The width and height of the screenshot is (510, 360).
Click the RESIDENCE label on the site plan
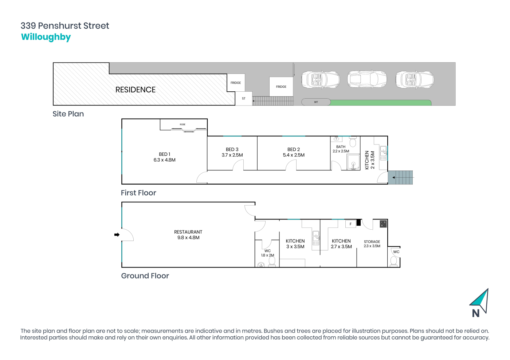[x=135, y=90]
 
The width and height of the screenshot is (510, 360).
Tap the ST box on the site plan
[x=244, y=99]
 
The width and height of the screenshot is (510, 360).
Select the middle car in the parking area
[x=366, y=79]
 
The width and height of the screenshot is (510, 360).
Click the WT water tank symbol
[x=316, y=102]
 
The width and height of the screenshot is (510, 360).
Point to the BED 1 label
[x=164, y=154]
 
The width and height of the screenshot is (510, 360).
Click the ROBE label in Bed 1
[x=183, y=124]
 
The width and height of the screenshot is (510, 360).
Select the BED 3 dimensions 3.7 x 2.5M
[x=232, y=155]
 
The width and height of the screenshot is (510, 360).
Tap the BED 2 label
[x=293, y=149]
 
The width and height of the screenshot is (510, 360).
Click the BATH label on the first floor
[x=341, y=147]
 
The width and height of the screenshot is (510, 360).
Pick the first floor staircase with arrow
[x=401, y=178]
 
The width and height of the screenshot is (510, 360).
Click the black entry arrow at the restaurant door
[x=117, y=235]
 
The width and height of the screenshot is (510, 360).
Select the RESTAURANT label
[x=188, y=232]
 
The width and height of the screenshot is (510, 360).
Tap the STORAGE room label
[x=372, y=242]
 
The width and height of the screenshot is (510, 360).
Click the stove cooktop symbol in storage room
[x=383, y=224]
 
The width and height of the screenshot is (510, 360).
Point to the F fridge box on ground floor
[x=350, y=224]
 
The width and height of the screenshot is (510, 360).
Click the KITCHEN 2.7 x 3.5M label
[x=341, y=244]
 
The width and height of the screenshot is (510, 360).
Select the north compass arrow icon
[x=480, y=302]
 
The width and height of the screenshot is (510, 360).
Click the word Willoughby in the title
[x=46, y=37]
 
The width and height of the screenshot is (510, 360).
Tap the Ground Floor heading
[x=145, y=276]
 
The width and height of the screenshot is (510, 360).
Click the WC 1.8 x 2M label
[x=267, y=253]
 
